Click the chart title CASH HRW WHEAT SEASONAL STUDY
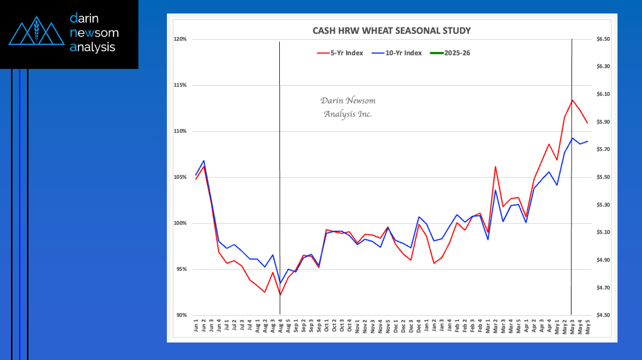click(391, 30)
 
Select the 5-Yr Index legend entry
click(340, 53)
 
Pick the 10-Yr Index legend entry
click(397, 53)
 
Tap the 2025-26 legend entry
click(452, 53)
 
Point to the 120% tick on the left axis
click(180, 39)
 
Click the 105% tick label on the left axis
click(180, 177)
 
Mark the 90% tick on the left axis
click(181, 315)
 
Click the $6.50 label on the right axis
click(604, 39)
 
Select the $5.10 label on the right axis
click(604, 232)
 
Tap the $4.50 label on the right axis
click(604, 315)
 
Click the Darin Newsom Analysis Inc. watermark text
click(348, 107)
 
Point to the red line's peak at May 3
click(572, 100)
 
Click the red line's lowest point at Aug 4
click(280, 295)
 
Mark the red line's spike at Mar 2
click(495, 166)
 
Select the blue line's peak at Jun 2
click(203, 161)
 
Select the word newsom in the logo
click(94, 33)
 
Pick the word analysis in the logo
click(93, 47)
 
